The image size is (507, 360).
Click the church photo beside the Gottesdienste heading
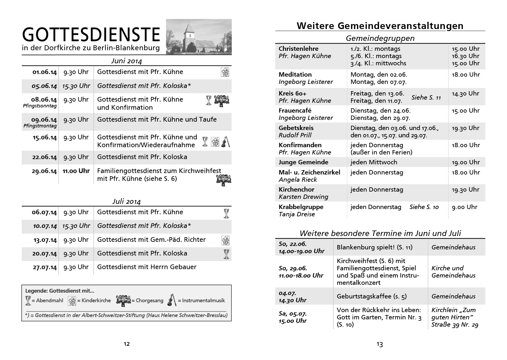point(199,37)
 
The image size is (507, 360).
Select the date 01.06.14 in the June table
point(44,72)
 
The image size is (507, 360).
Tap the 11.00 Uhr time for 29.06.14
point(76,171)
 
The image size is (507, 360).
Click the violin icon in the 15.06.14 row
point(225,142)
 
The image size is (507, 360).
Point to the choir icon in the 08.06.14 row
point(222,101)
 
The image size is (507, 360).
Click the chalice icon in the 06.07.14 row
point(226,213)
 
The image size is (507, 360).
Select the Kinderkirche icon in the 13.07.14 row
point(225,240)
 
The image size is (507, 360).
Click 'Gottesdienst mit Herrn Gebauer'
point(147,267)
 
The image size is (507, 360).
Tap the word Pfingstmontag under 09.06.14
point(40,126)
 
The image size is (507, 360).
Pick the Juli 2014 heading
point(126,201)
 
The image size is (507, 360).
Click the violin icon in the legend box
point(171,300)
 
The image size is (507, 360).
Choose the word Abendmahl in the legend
point(49,300)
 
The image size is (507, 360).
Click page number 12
point(126,344)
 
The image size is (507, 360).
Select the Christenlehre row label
point(298,49)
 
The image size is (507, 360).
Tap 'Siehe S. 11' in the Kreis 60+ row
point(426,98)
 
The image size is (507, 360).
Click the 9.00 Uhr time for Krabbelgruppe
point(464,207)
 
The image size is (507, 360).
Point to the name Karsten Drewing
point(303,197)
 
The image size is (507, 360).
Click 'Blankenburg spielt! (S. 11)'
point(374,247)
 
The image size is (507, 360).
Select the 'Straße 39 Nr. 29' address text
point(455,325)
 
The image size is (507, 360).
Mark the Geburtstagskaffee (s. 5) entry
point(372,296)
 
